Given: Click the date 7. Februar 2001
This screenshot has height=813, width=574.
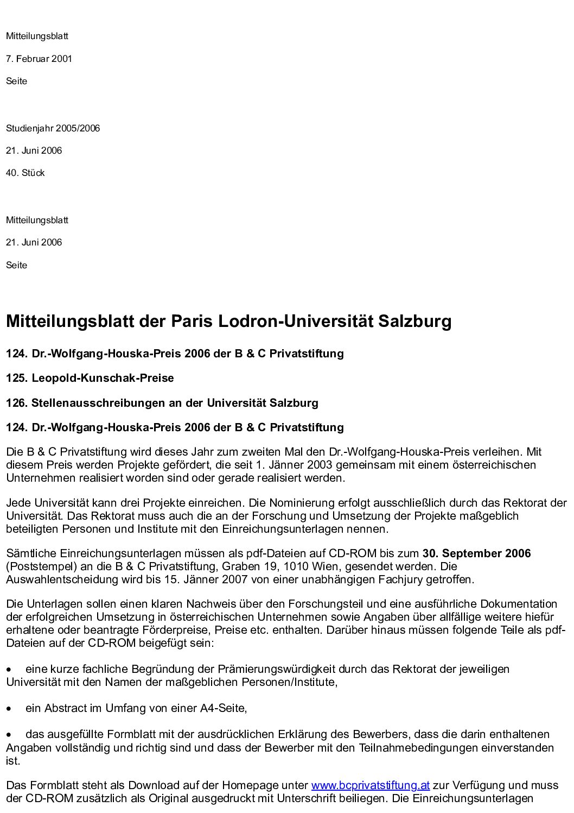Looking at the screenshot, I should coord(39,59).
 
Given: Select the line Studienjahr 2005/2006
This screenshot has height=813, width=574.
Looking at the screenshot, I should coord(53,129).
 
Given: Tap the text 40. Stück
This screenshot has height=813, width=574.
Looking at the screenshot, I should coord(25,173).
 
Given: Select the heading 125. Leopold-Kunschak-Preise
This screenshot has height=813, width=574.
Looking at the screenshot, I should coord(90,379).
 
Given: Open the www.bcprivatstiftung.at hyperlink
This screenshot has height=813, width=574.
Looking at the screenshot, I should coord(371,786).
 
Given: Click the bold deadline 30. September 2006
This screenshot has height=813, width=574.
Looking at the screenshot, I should coord(476,553).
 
